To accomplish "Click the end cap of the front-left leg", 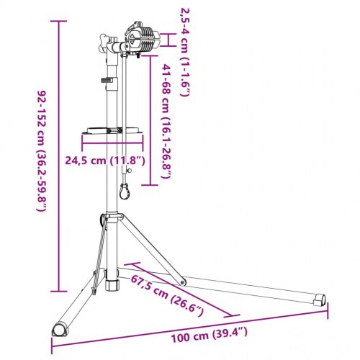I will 57,329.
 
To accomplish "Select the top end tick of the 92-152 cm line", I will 55,22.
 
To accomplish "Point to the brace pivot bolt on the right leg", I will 182,281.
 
